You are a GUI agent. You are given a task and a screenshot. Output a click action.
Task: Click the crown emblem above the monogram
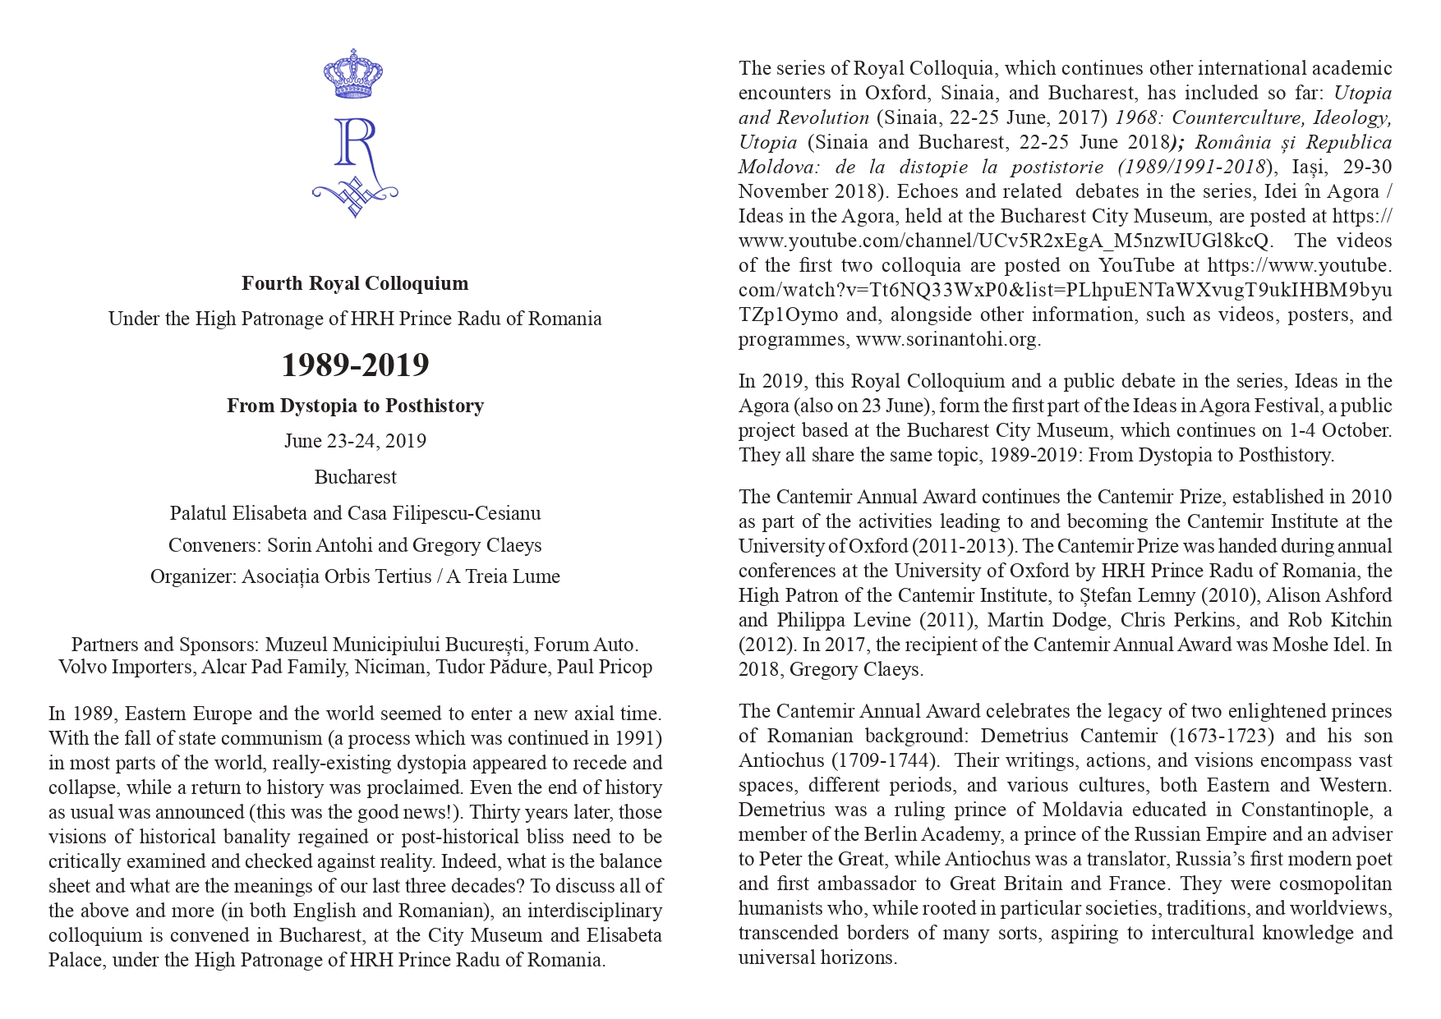click(355, 74)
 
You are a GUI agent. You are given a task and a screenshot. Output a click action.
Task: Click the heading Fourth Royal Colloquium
click(355, 283)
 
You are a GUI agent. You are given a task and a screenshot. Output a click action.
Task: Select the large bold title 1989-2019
click(355, 365)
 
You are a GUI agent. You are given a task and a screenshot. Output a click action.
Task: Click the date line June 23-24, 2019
click(355, 441)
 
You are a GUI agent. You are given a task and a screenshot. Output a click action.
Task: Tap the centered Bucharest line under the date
click(355, 477)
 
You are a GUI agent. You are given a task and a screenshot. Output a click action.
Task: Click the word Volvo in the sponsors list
click(85, 667)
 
